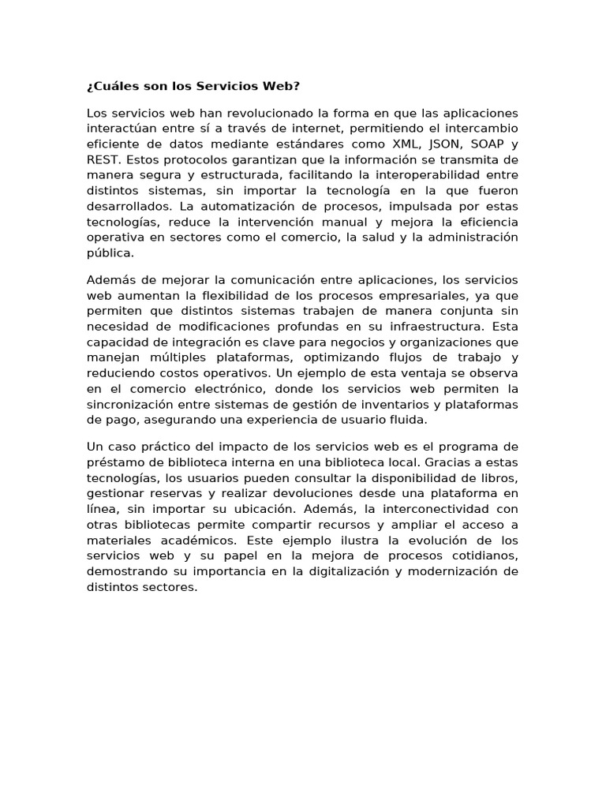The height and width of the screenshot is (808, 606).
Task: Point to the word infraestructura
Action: click(418, 327)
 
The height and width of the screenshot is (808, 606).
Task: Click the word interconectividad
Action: click(434, 509)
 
